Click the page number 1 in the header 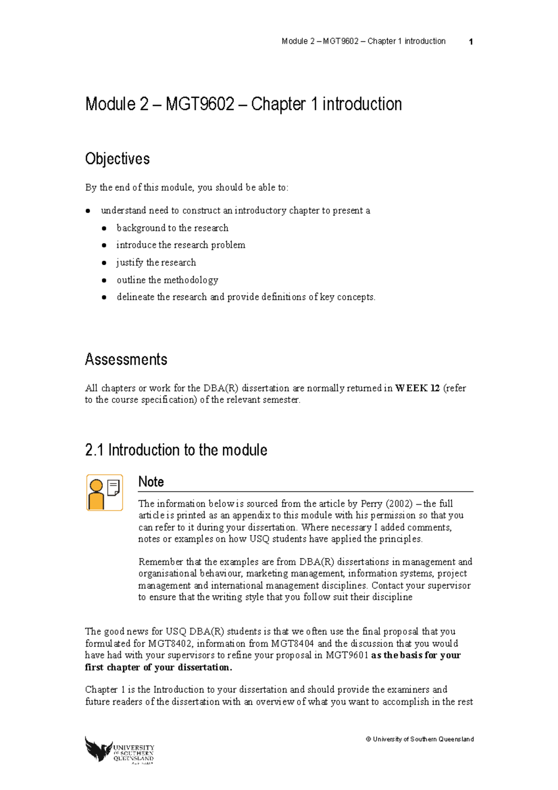[x=471, y=42]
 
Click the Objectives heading [x=117, y=159]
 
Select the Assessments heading [x=126, y=360]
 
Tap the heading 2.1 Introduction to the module [x=176, y=450]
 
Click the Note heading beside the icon [x=151, y=482]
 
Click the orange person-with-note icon [x=105, y=493]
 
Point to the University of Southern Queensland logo [x=120, y=750]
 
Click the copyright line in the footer [x=419, y=739]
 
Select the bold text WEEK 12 [x=417, y=388]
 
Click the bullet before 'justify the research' [x=104, y=263]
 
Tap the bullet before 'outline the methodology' [x=104, y=280]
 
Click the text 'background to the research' [x=173, y=228]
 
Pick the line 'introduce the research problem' [x=180, y=245]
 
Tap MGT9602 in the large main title [x=200, y=104]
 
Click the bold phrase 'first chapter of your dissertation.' [x=158, y=667]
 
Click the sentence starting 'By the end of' [x=186, y=187]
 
